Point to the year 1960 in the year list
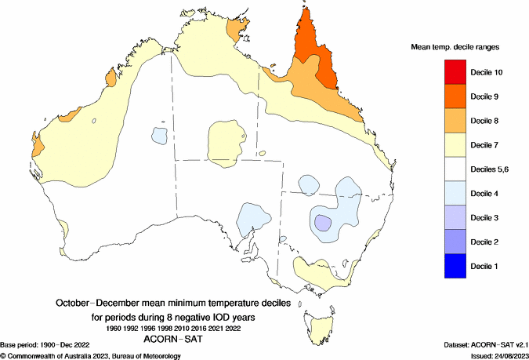(x=116, y=328)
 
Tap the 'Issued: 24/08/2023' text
(x=491, y=355)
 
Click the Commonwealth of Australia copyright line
(x=91, y=355)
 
